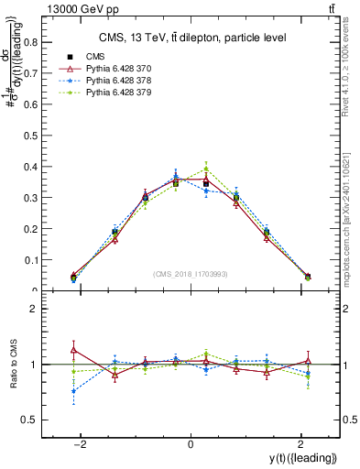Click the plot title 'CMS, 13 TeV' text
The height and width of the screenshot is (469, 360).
190,38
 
